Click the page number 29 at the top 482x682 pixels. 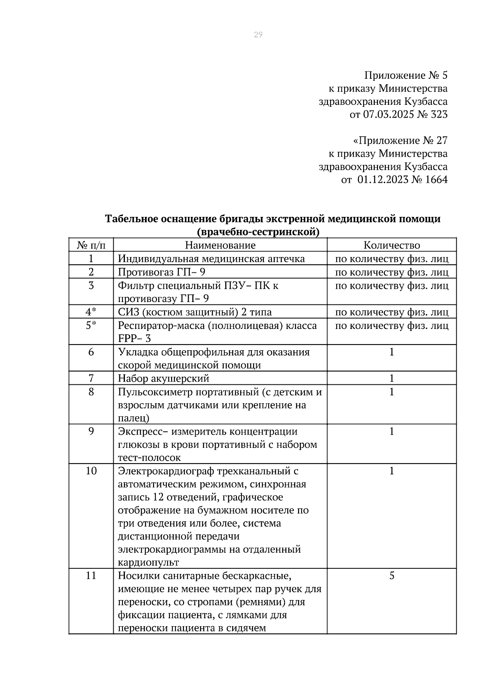coord(258,35)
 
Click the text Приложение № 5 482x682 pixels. coord(405,76)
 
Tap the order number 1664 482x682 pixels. coord(436,180)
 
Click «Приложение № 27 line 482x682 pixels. coord(400,141)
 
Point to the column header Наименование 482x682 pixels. coord(220,245)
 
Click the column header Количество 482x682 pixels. coord(392,245)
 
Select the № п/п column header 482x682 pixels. coord(91,245)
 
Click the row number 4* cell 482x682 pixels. coord(91,312)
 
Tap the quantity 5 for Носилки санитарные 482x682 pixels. coord(392,576)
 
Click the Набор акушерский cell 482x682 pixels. coord(163,378)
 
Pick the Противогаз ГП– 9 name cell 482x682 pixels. coord(161,272)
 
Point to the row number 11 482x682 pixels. coord(91,576)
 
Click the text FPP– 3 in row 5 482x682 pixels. coord(134,339)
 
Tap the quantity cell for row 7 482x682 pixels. coord(392,378)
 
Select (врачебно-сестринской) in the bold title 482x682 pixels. coord(258,232)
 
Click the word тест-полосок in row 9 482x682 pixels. coord(149,457)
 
